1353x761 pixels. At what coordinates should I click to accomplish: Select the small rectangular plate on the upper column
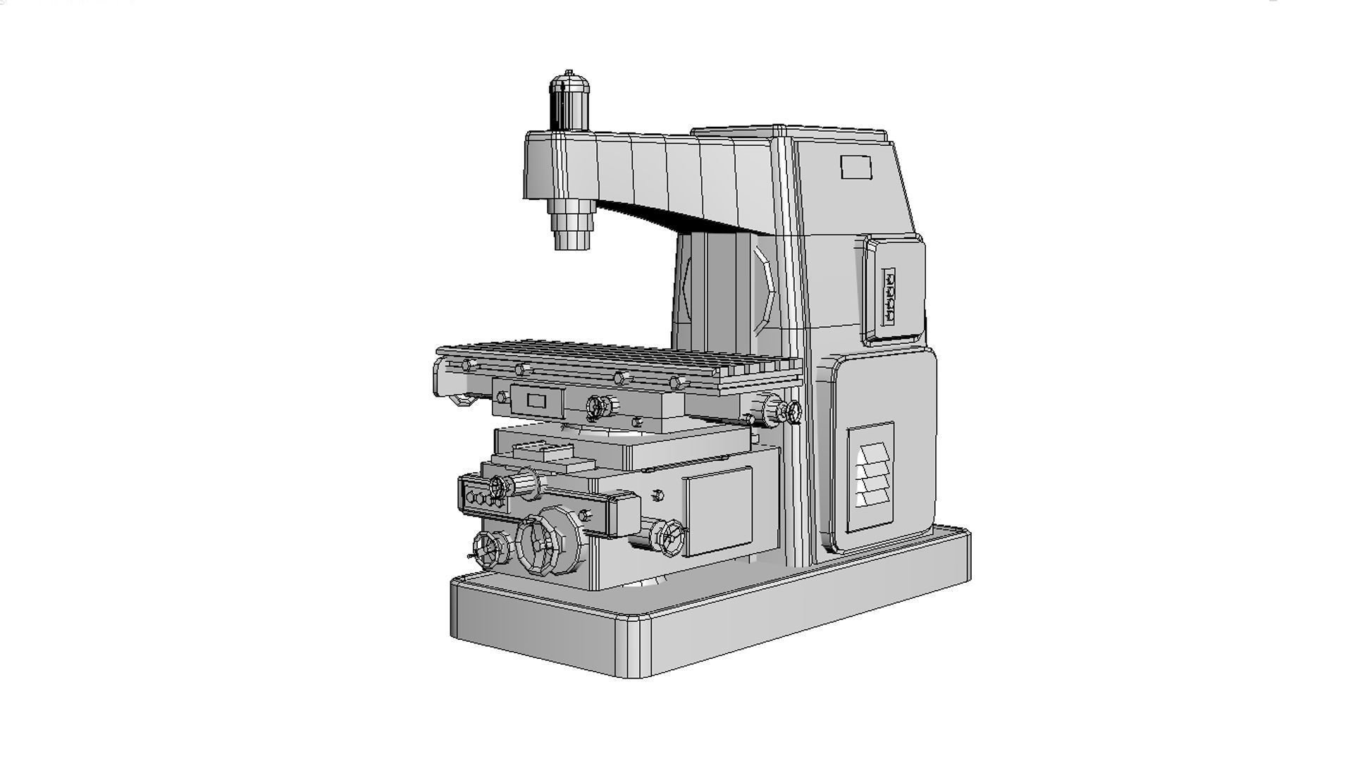(856, 168)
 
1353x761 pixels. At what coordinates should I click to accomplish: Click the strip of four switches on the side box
(889, 297)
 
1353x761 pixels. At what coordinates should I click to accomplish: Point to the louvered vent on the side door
(873, 476)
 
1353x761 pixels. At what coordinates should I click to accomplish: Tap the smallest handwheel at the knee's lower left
(488, 549)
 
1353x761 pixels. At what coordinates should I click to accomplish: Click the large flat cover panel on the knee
(717, 512)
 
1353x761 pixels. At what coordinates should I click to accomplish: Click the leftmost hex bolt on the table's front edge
(467, 365)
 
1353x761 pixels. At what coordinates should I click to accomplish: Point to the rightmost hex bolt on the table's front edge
(676, 383)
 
